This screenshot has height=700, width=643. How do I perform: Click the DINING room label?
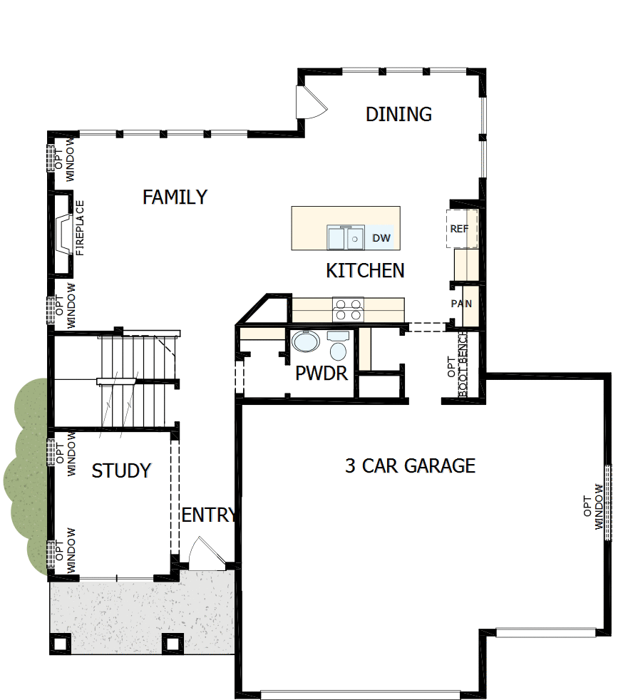[x=398, y=114]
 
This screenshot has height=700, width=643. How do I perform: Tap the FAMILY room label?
[x=175, y=197]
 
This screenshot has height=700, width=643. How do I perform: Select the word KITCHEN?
[x=365, y=271]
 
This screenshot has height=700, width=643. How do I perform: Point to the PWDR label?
[x=321, y=373]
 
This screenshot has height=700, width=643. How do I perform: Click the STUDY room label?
[x=121, y=470]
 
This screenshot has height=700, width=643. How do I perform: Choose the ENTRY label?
[x=208, y=515]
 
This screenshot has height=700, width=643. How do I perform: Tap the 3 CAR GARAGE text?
[x=410, y=466]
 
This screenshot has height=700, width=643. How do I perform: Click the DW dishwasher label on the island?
[x=381, y=238]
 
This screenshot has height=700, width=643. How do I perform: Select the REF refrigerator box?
[x=459, y=229]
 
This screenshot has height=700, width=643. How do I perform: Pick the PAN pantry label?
[x=461, y=304]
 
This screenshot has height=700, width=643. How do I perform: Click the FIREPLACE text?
[x=80, y=227]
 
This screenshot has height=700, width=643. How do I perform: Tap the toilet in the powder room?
[x=337, y=346]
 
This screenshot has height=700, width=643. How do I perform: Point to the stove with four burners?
[x=348, y=310]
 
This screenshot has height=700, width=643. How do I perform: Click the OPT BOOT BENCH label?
[x=457, y=365]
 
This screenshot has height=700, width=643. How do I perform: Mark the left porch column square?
[x=61, y=643]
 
